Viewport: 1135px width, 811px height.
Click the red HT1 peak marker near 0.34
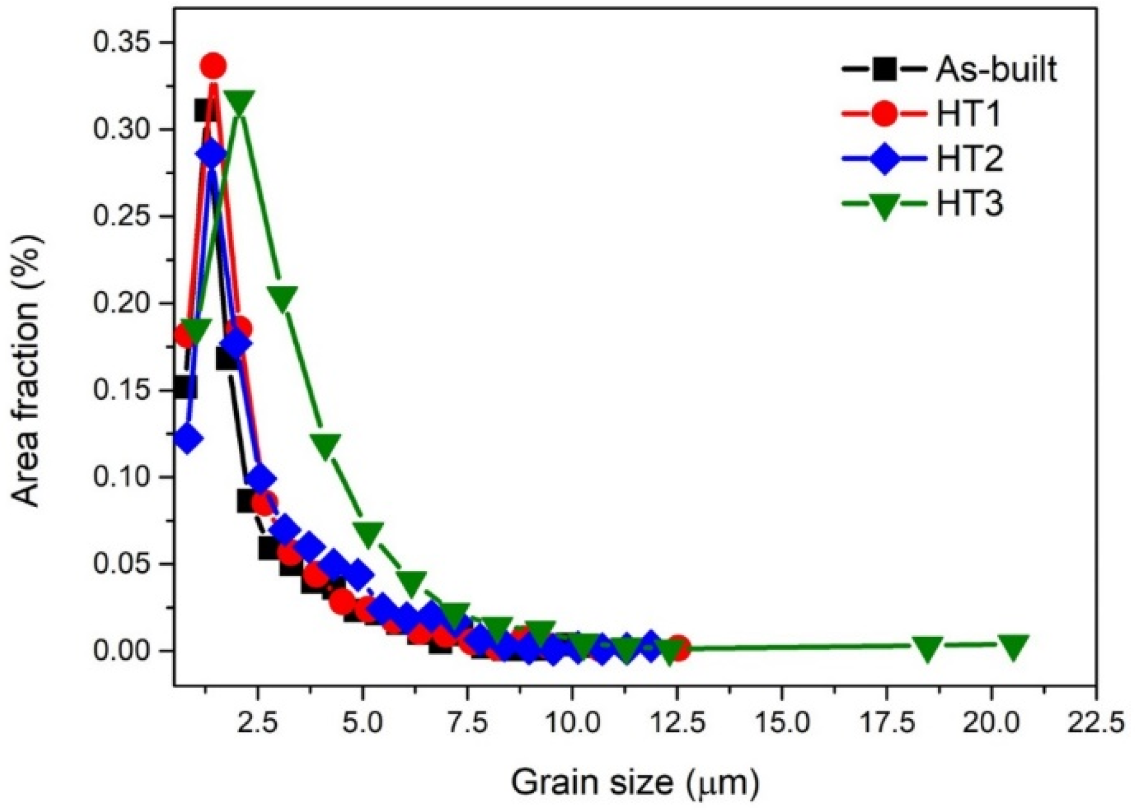click(213, 65)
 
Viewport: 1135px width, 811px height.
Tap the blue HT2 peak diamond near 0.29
click(212, 155)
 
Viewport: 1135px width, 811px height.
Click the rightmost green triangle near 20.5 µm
click(1013, 646)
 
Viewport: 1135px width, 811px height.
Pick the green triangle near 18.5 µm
click(927, 648)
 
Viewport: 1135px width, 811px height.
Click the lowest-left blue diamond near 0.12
click(187, 438)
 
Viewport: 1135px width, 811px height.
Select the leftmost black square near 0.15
click(185, 387)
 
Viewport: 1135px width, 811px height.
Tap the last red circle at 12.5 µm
click(678, 648)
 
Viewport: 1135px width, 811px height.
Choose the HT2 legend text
click(969, 158)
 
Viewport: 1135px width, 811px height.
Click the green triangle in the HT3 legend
click(884, 205)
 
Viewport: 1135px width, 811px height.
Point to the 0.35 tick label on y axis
click(122, 43)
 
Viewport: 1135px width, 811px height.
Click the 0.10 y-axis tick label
click(122, 477)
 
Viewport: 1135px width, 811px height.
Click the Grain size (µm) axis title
click(634, 782)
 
